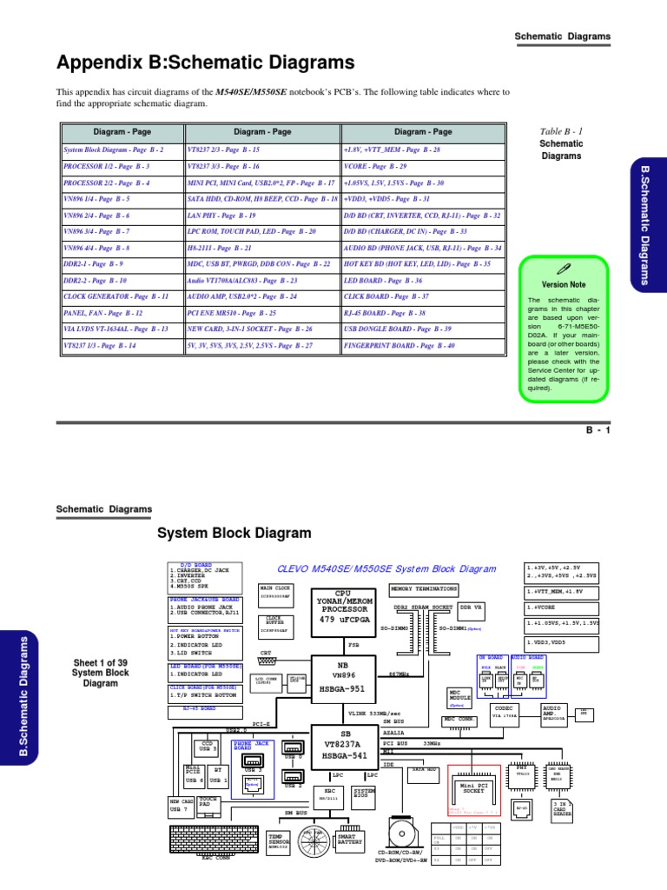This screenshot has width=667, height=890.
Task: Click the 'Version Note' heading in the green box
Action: [x=564, y=285]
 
